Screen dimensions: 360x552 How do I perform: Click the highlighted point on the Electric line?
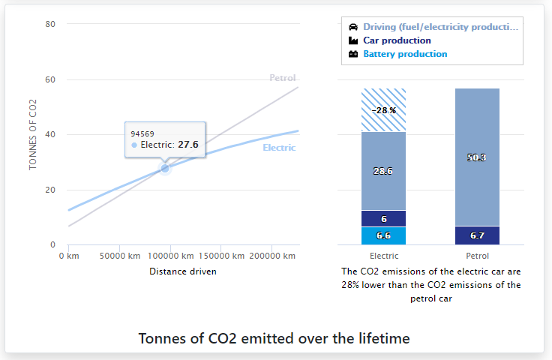tap(165, 169)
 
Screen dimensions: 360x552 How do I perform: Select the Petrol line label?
tap(282, 78)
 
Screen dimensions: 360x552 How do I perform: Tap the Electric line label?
tap(279, 148)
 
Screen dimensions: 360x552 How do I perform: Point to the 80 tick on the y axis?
tap(51, 24)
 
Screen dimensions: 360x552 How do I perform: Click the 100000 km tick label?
tap(169, 256)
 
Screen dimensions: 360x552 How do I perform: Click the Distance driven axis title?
tap(183, 271)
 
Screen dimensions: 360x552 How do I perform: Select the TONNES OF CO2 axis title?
tap(33, 133)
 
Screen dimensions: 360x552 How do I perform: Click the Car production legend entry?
tap(397, 40)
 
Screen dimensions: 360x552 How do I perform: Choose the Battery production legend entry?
tap(405, 54)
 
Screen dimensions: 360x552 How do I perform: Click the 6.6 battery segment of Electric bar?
tap(383, 235)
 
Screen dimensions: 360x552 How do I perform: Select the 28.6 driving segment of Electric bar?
tap(383, 171)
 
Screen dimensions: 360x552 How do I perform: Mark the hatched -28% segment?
tap(383, 110)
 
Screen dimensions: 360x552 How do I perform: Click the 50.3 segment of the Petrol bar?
tap(477, 157)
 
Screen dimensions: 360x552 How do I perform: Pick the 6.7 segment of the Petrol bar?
tap(477, 235)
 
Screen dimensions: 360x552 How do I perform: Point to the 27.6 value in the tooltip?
tap(187, 145)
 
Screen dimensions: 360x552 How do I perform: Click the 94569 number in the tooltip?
tap(142, 133)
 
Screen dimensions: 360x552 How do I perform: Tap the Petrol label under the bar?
tap(477, 256)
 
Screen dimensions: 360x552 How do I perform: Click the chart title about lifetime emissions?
tap(274, 338)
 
